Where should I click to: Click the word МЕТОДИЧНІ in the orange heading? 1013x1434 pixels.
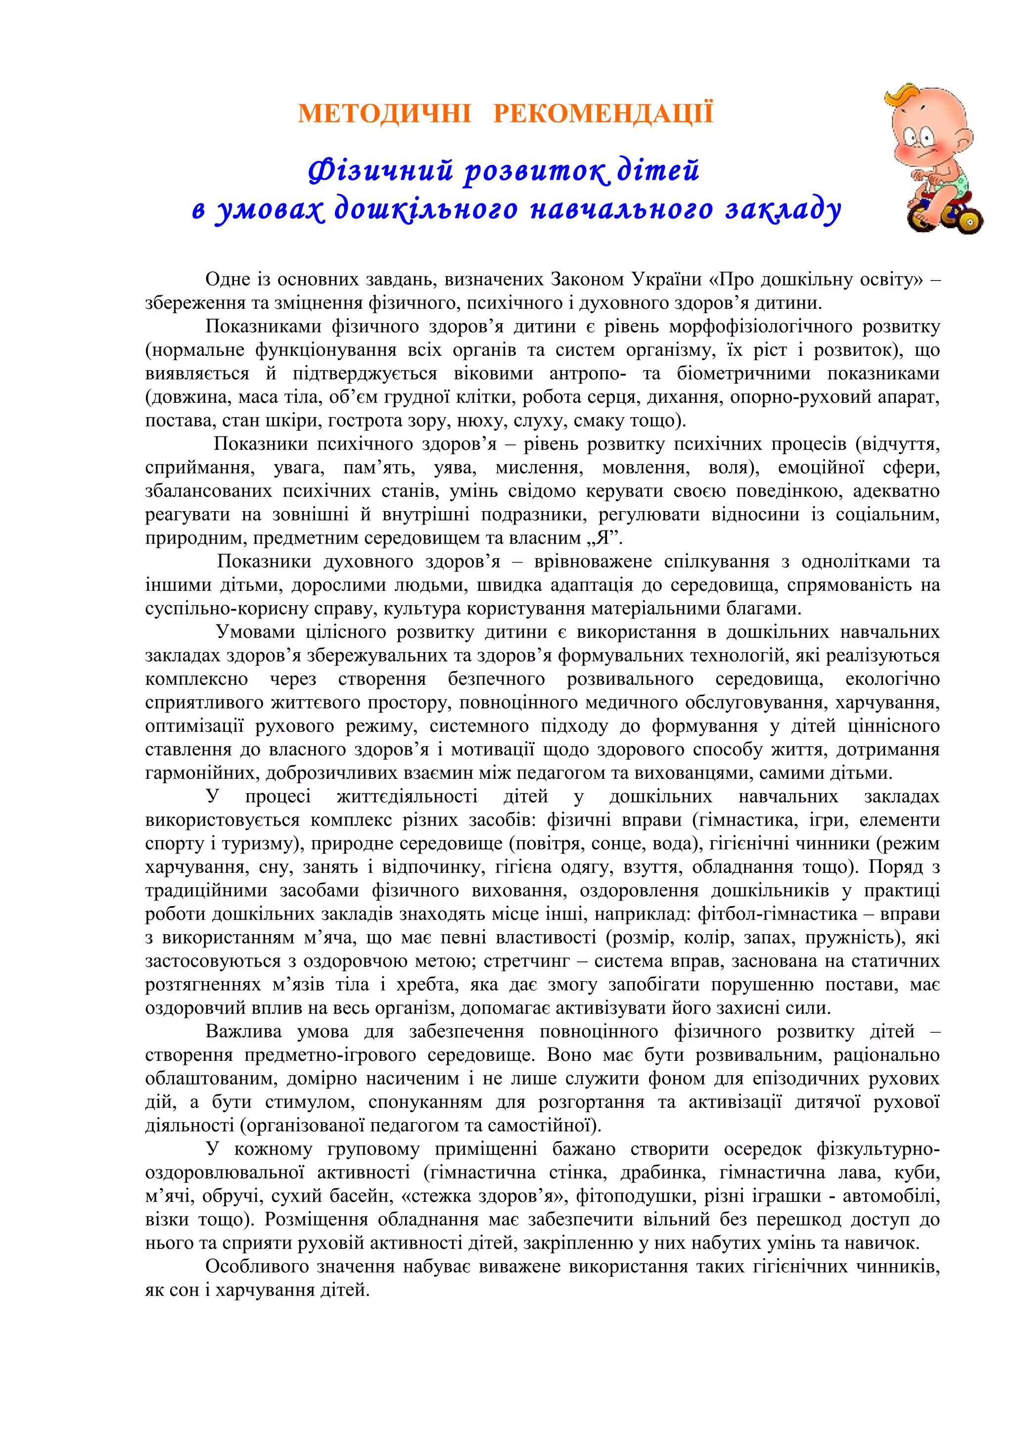384,114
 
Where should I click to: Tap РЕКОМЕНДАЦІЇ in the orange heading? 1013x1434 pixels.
603,114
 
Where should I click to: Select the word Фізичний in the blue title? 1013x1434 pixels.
380,171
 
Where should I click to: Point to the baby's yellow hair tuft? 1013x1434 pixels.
902,100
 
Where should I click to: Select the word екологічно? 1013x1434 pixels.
892,679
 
